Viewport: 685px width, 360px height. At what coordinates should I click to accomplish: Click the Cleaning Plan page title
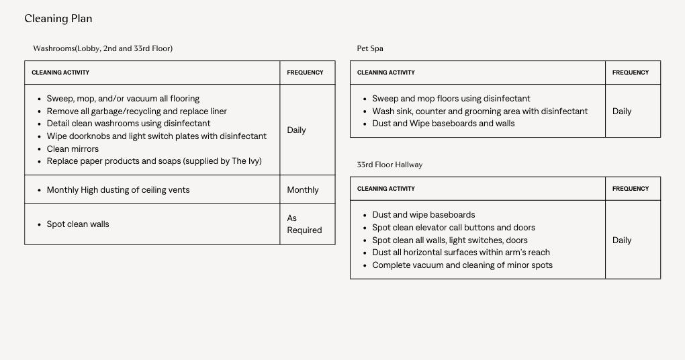click(58, 19)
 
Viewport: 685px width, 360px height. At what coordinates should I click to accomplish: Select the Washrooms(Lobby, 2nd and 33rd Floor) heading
click(103, 48)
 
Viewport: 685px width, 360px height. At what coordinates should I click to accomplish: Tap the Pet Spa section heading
click(370, 48)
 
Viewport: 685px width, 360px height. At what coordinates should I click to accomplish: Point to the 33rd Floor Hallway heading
click(390, 165)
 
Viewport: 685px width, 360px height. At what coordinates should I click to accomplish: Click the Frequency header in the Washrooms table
click(305, 73)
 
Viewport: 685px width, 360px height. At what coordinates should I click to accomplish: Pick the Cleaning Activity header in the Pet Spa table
click(385, 73)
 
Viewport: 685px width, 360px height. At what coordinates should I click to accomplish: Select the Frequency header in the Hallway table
click(630, 189)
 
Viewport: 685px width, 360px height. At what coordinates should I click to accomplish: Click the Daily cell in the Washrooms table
click(296, 130)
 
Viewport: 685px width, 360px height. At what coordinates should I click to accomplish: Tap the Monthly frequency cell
click(303, 190)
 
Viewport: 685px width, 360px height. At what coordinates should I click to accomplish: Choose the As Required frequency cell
click(304, 224)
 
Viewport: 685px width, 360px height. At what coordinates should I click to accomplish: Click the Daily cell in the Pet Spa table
click(622, 111)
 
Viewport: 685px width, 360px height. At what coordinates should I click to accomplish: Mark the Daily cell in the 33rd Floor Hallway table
click(622, 240)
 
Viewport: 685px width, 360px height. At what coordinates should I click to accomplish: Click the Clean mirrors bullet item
click(73, 149)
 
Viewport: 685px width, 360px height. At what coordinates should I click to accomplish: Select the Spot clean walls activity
click(78, 224)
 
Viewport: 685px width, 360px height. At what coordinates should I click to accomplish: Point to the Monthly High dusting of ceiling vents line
click(118, 190)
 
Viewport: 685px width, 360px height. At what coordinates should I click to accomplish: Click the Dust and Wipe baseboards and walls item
click(443, 124)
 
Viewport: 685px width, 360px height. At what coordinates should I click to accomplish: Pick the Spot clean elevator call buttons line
click(453, 228)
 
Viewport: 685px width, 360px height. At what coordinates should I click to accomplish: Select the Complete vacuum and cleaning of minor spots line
click(462, 265)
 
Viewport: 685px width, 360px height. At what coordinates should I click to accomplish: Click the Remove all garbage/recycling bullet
click(136, 111)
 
